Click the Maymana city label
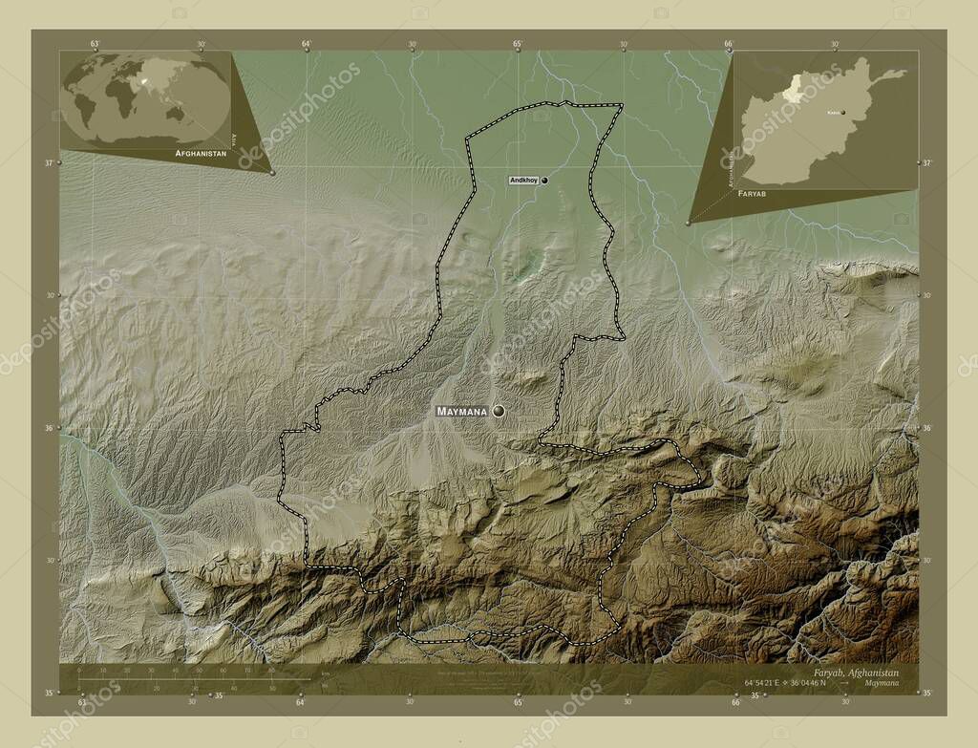click(x=461, y=412)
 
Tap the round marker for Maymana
click(x=498, y=411)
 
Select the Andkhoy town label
click(x=524, y=180)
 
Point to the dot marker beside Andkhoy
click(x=544, y=180)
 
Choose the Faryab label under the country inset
click(x=752, y=193)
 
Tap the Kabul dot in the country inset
click(x=842, y=112)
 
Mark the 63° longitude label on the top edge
click(x=95, y=44)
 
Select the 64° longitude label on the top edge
click(x=306, y=44)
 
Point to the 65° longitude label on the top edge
click(x=517, y=44)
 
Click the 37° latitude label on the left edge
click(x=48, y=162)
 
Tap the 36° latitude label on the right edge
click(x=926, y=428)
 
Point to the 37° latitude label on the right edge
click(x=926, y=163)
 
